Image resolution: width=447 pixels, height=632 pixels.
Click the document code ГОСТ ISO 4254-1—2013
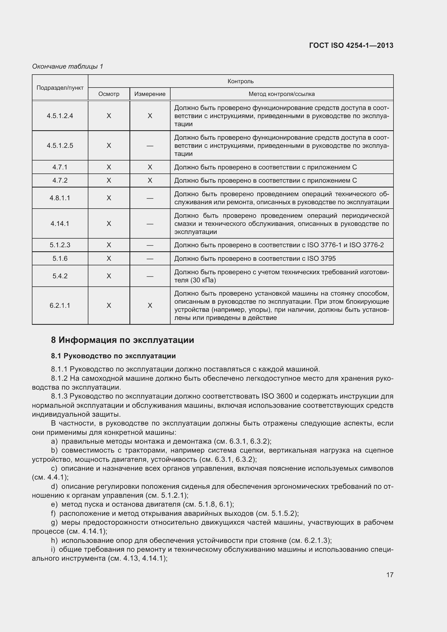pos(351,45)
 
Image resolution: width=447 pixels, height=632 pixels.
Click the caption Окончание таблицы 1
pos(68,66)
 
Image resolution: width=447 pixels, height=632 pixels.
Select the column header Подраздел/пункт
pos(60,88)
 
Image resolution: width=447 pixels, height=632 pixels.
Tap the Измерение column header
pos(150,94)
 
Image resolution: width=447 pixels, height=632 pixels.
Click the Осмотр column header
pos(109,94)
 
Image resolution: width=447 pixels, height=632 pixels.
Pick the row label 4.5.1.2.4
pos(60,116)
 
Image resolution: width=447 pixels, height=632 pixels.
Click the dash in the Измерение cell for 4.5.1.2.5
pos(150,146)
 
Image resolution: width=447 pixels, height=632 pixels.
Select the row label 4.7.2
pos(60,180)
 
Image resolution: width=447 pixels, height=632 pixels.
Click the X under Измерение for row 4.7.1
pos(150,167)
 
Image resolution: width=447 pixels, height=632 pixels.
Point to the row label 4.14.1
pos(60,223)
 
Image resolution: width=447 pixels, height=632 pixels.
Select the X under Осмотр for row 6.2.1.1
pos(109,306)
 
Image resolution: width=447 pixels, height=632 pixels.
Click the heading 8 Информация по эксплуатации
pos(122,340)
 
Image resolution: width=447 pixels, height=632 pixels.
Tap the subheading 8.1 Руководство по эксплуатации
pos(113,356)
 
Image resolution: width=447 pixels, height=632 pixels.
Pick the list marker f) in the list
pos(54,514)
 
